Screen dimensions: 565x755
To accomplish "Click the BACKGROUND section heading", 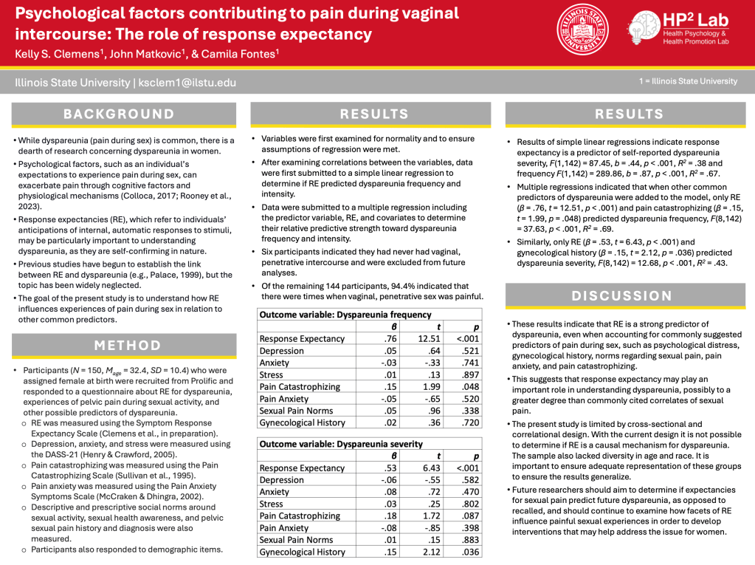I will (119, 114).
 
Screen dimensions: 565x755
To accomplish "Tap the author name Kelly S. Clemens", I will (49, 55).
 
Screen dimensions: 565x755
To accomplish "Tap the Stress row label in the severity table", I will (272, 504).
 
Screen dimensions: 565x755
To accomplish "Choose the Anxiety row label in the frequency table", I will (275, 363).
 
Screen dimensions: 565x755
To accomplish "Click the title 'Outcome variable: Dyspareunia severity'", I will (341, 444).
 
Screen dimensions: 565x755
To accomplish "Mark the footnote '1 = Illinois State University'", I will (688, 81).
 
